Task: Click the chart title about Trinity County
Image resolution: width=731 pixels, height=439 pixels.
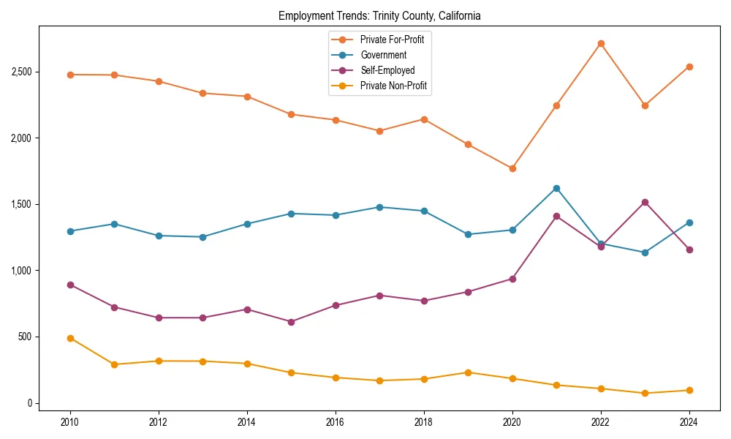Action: pos(379,15)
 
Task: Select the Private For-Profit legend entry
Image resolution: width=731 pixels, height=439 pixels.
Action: pos(392,40)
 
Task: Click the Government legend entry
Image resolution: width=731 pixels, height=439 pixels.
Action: pos(383,55)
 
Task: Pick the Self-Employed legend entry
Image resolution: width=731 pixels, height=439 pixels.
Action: pos(387,70)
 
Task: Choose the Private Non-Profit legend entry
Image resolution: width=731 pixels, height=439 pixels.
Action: pos(393,86)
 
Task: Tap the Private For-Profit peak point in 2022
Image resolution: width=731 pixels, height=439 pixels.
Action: pos(601,43)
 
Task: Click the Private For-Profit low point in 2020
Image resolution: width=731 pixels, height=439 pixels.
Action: pos(512,168)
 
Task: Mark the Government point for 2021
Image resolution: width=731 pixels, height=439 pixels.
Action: pos(556,188)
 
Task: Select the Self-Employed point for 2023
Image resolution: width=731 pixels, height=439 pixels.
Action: pos(645,202)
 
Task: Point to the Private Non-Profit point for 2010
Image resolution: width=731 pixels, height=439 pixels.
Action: pos(70,338)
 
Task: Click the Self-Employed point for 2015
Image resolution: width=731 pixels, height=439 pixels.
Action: pos(291,322)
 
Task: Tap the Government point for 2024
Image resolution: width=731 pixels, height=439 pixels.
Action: pos(689,222)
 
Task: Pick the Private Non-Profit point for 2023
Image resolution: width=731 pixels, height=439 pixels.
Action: pos(645,393)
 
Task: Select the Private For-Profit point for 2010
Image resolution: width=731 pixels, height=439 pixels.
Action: pos(70,75)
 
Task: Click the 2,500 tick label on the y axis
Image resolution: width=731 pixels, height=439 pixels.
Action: pos(21,72)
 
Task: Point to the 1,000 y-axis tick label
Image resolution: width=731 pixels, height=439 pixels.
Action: pos(21,271)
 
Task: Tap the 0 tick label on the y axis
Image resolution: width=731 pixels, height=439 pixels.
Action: pos(29,403)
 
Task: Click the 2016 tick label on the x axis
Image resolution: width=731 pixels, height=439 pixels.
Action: pos(336,422)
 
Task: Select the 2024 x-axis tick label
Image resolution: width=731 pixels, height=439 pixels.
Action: pos(689,422)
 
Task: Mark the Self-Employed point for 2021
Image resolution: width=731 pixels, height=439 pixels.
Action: pos(556,216)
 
